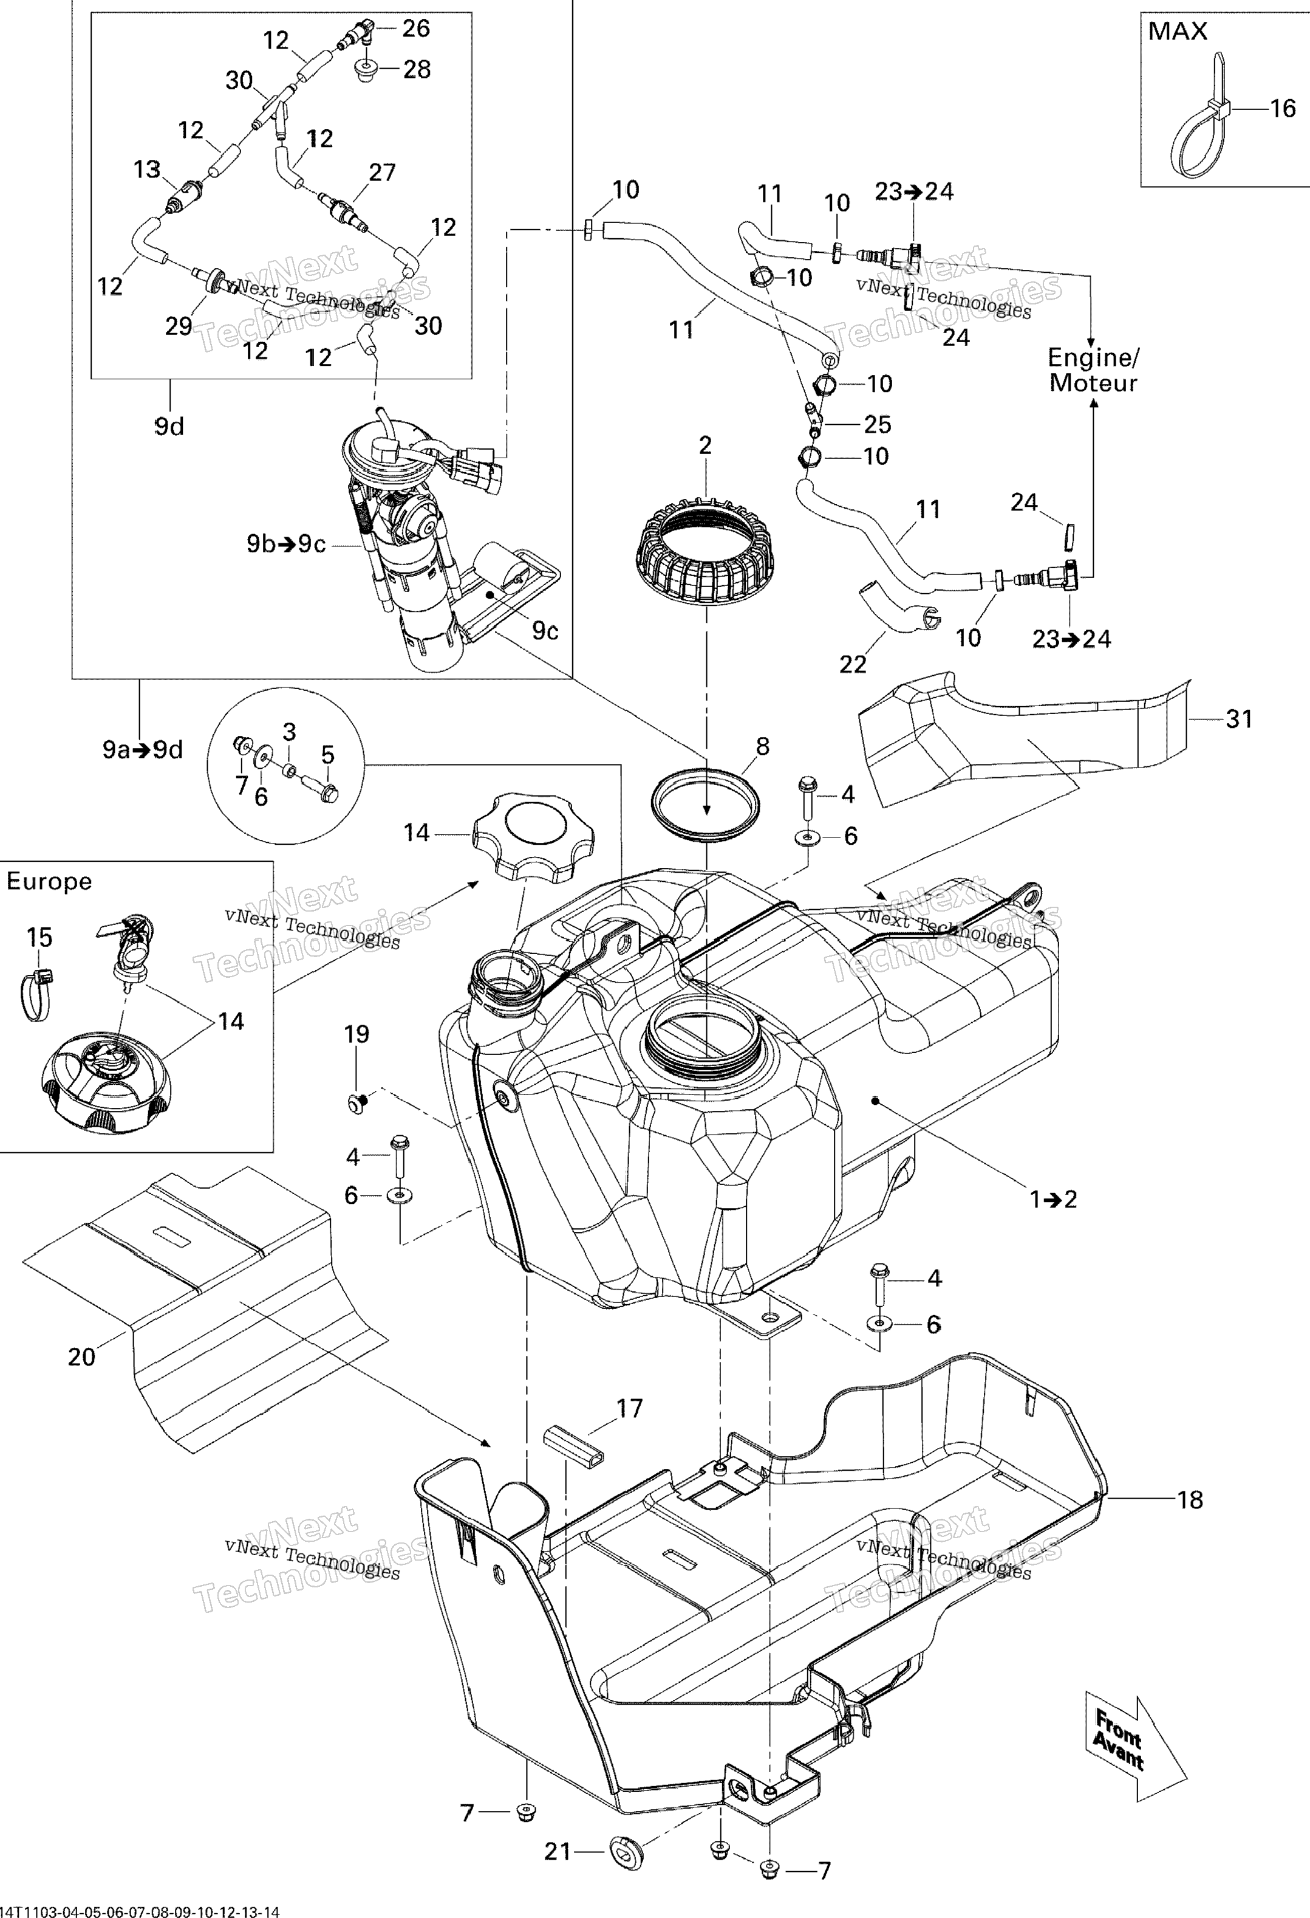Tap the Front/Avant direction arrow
click(1131, 1749)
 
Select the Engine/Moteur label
click(1093, 370)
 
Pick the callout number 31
click(1239, 719)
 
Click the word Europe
click(49, 881)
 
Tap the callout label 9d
click(169, 427)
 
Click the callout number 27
click(382, 173)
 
